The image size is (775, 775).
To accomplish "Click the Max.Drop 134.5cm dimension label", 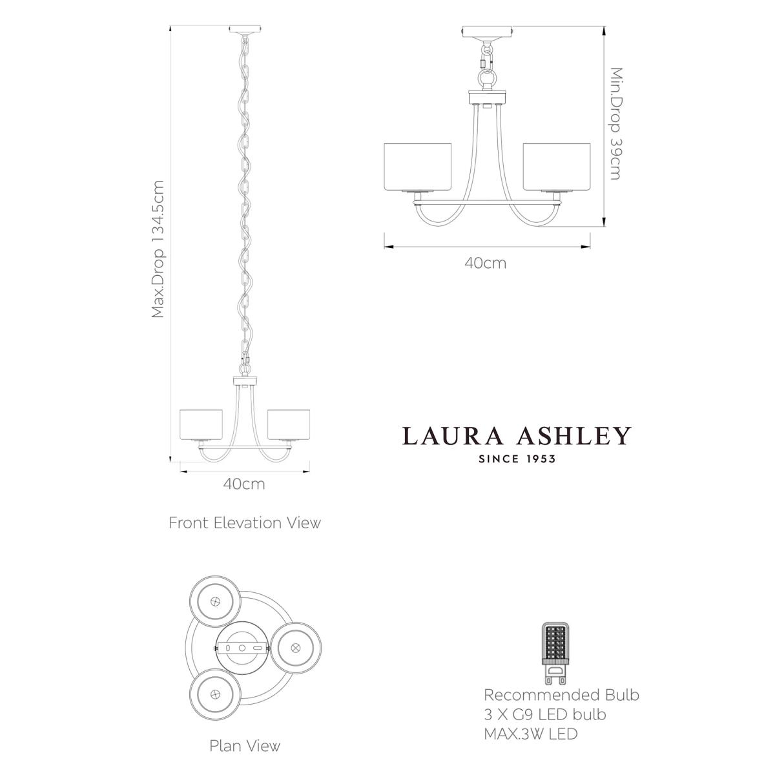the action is coord(158,249).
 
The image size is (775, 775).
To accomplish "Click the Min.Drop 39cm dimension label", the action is coord(616,123).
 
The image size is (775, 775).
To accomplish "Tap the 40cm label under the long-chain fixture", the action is coord(244,484).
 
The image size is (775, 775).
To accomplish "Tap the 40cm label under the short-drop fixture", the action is coord(486,263).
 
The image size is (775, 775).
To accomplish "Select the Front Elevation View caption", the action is coord(245,523).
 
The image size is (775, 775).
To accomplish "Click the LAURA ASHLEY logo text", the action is coord(517,435).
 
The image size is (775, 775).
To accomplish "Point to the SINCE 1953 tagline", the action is coord(517,459).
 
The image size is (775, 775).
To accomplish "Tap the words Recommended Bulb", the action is coord(561,695).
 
